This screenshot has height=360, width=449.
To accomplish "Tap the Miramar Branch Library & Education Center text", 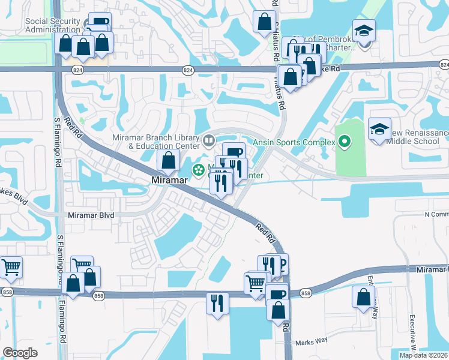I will [155, 142].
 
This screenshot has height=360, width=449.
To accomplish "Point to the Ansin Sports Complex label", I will [294, 142].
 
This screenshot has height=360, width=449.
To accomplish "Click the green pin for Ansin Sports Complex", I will [344, 142].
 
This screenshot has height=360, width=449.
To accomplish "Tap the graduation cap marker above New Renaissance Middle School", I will [379, 129].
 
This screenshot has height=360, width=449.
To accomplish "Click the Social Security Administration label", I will [53, 25].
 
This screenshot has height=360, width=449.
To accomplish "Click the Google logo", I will [20, 353].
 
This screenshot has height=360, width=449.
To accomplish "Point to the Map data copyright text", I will [423, 355].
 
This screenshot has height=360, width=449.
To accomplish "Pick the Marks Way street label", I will [314, 341].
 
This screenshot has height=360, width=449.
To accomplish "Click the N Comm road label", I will [436, 214].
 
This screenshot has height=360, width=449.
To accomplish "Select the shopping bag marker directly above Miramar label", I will [169, 160].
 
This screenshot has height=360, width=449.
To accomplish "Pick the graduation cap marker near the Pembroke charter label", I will [364, 31].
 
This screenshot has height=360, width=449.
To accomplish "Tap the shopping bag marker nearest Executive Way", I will [364, 298].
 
